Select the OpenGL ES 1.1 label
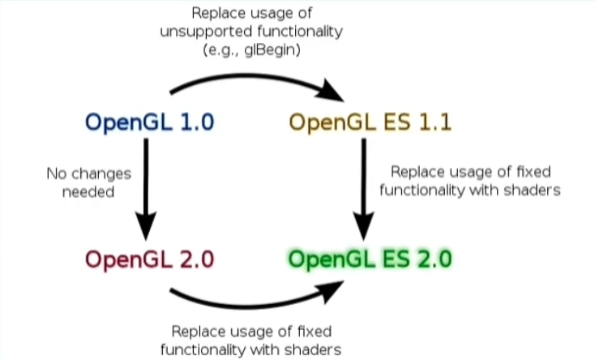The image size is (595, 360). click(x=370, y=123)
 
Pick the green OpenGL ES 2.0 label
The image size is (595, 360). click(x=370, y=261)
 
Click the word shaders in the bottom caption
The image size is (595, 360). click(x=314, y=349)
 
